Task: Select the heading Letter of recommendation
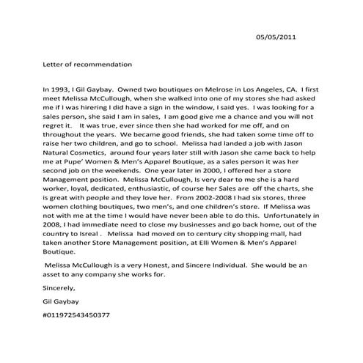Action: pos(88,65)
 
